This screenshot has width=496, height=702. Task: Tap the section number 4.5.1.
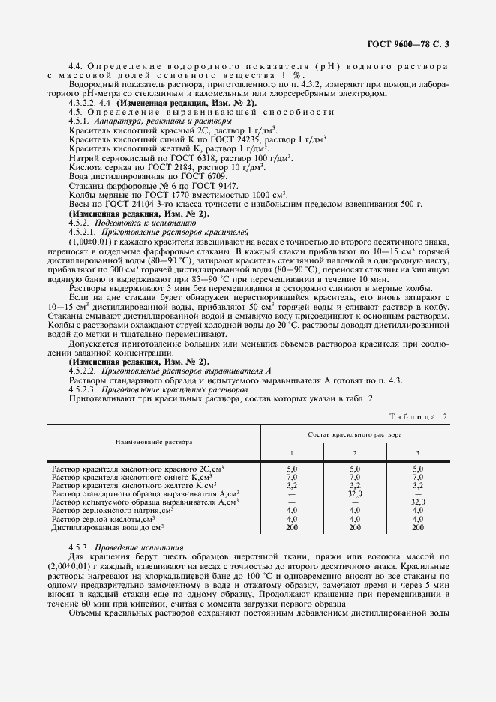click(x=79, y=120)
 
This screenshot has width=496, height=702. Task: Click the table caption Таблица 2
click(x=419, y=416)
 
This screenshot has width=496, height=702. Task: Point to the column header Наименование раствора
click(x=154, y=442)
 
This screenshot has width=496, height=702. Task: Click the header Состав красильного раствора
click(x=354, y=435)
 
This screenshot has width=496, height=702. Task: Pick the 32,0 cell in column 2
click(x=355, y=494)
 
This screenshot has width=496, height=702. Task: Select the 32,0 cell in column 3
click(x=418, y=502)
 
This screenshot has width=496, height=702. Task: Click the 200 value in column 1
click(x=292, y=528)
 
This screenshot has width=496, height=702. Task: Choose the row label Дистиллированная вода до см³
click(x=108, y=528)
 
